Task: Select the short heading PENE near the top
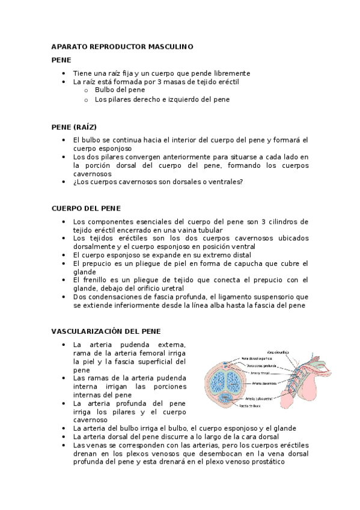point(61,60)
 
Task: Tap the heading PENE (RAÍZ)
point(74,127)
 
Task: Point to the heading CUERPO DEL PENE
point(86,208)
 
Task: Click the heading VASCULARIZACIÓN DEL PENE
point(106,331)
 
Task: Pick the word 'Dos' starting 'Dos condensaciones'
point(79,296)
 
